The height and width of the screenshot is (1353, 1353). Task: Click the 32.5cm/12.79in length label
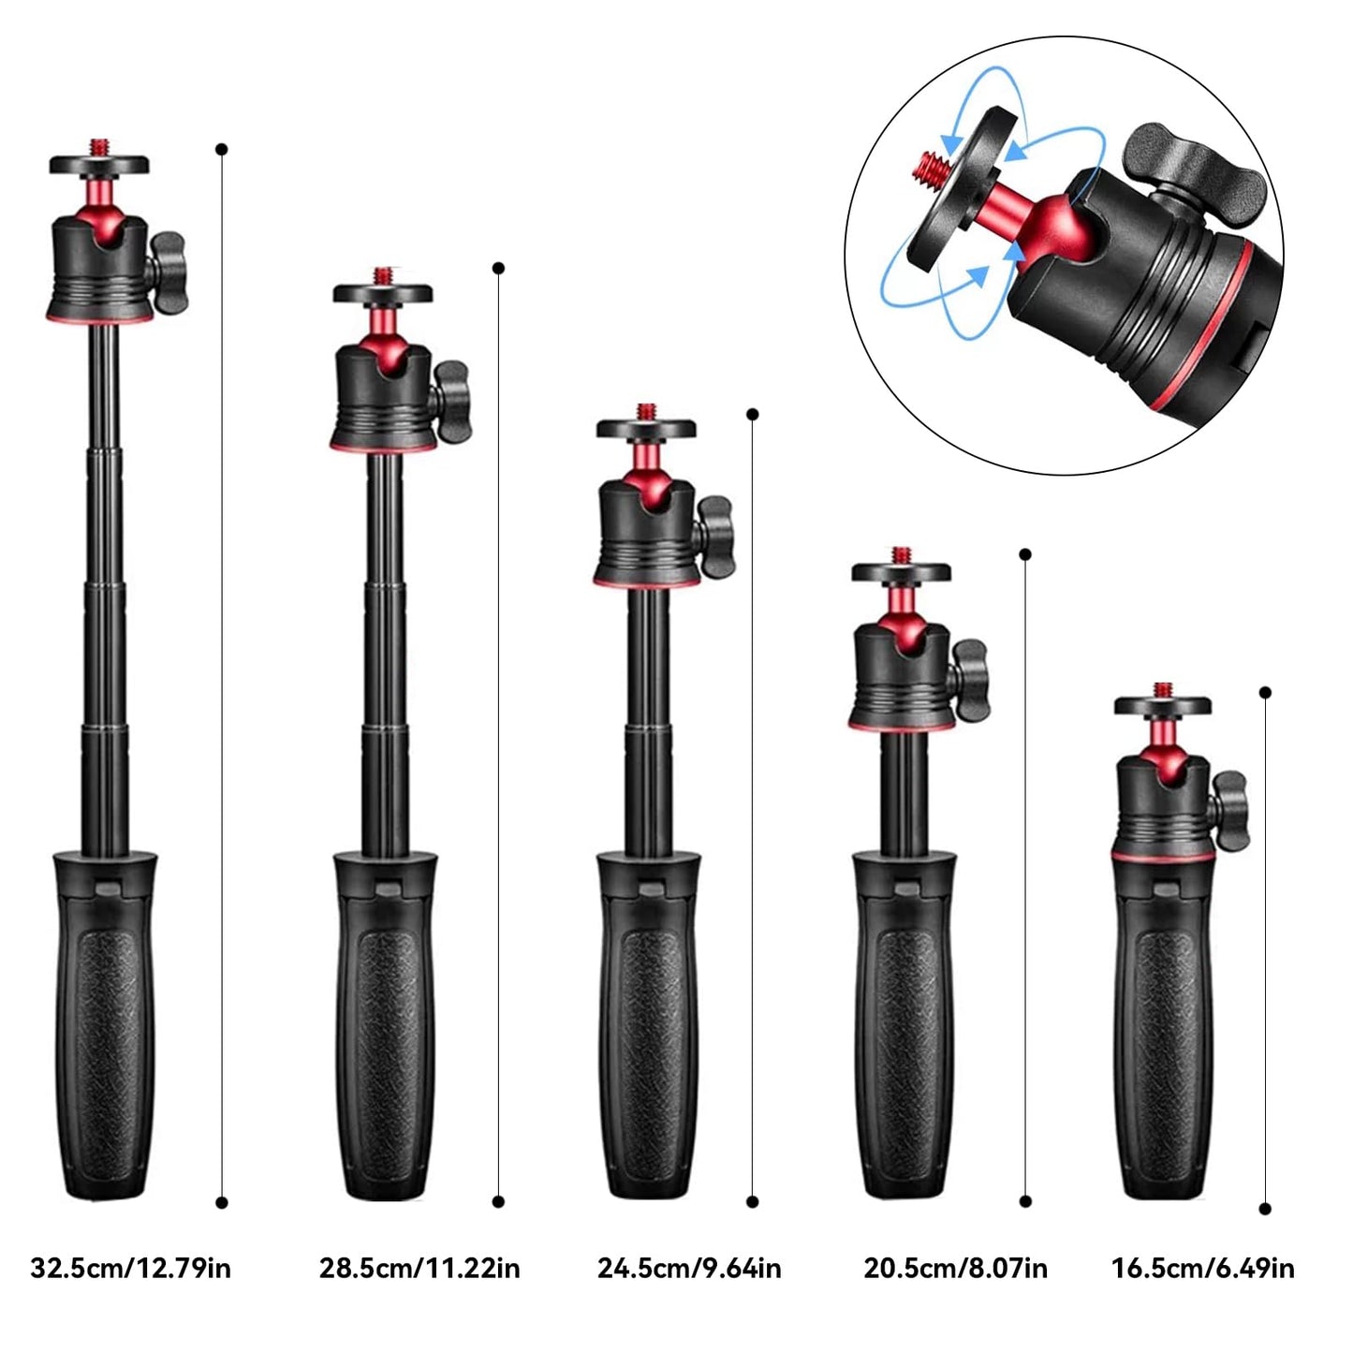[x=130, y=1269]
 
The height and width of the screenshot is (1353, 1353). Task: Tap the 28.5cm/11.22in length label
[x=419, y=1269]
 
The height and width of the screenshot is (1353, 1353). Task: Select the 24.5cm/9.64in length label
[x=689, y=1269]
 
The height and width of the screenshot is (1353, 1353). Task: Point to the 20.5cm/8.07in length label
[x=955, y=1269]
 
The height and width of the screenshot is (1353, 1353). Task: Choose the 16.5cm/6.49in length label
[x=1202, y=1269]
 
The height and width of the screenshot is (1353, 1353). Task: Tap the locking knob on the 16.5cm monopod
[x=1228, y=799]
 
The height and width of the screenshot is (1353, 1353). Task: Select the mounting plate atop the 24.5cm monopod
[x=647, y=429]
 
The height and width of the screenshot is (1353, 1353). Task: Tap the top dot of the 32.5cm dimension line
[x=222, y=149]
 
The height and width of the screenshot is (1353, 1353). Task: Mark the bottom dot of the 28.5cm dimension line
[x=498, y=1201]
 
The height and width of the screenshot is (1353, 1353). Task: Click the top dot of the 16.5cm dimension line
[x=1266, y=693]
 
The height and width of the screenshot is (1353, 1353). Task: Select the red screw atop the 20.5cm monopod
[x=901, y=555]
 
